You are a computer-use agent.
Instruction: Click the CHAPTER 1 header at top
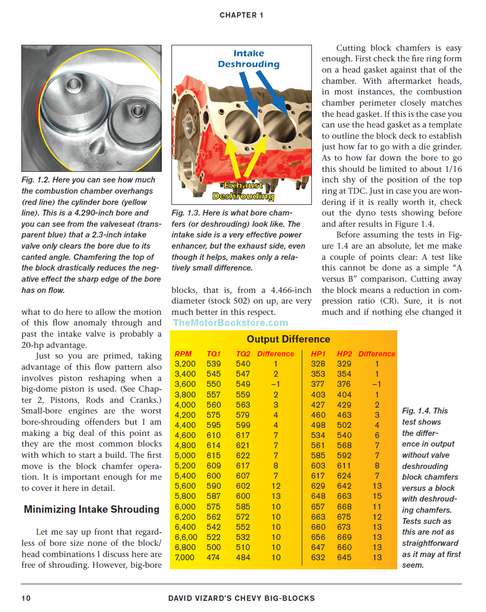(241, 15)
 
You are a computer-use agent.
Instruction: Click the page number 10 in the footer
(26, 598)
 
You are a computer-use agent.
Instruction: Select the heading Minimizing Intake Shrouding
(91, 509)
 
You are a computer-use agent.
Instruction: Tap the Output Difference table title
(288, 339)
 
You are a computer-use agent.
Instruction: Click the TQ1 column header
(214, 354)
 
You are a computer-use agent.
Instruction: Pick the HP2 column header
(344, 354)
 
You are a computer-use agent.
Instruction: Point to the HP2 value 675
(344, 517)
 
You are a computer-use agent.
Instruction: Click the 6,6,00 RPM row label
(186, 537)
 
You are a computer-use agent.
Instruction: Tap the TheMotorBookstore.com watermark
(230, 323)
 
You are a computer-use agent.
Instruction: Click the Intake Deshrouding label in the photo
(248, 59)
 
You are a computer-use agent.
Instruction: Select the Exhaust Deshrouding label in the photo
(243, 190)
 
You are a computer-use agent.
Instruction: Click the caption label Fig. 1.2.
(35, 180)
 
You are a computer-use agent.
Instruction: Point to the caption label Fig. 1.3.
(185, 213)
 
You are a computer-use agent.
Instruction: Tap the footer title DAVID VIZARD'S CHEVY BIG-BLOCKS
(241, 598)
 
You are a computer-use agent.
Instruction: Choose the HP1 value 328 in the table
(318, 364)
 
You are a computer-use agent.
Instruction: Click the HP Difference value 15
(377, 497)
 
